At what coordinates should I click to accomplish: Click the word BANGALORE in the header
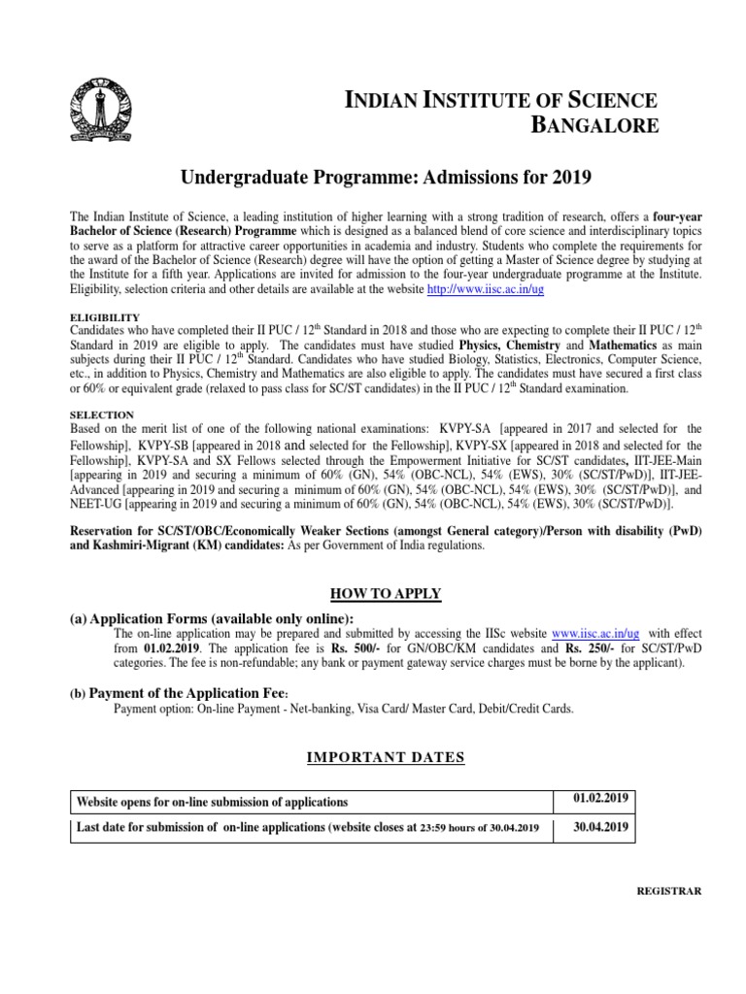tap(593, 124)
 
